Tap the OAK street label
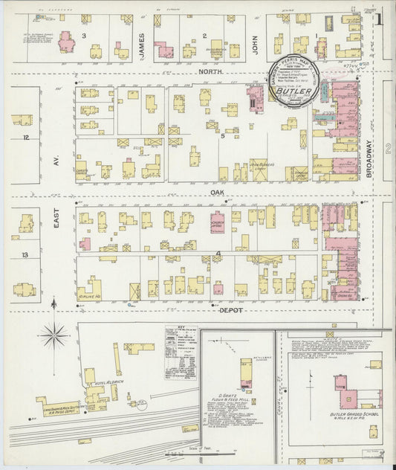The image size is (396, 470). coord(217,192)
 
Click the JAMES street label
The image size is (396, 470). coord(142,36)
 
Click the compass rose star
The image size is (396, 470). coord(53,336)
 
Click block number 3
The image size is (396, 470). coord(84,35)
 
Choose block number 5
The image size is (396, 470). coord(221,136)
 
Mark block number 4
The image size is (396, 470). coord(218,254)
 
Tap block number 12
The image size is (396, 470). coord(25,138)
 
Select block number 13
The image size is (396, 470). coord(25,254)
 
